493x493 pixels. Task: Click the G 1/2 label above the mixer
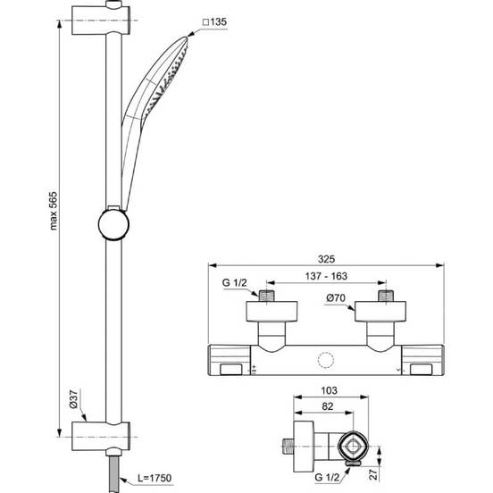(x=234, y=282)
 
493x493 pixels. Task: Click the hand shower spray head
(x=166, y=79)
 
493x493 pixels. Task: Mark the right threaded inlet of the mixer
(x=385, y=295)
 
